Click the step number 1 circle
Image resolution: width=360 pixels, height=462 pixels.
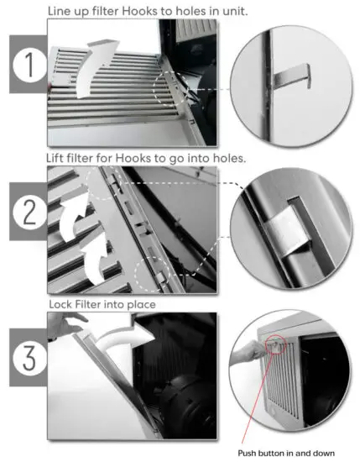tap(29, 64)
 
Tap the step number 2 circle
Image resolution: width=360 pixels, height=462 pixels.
tap(29, 211)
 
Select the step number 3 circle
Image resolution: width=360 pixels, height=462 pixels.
tap(29, 357)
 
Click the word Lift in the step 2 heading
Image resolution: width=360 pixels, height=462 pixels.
tap(55, 158)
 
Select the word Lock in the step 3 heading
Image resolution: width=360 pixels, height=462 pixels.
tap(61, 304)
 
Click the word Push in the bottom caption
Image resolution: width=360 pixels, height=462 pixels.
tap(247, 453)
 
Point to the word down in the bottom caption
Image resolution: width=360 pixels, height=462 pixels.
tap(323, 453)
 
